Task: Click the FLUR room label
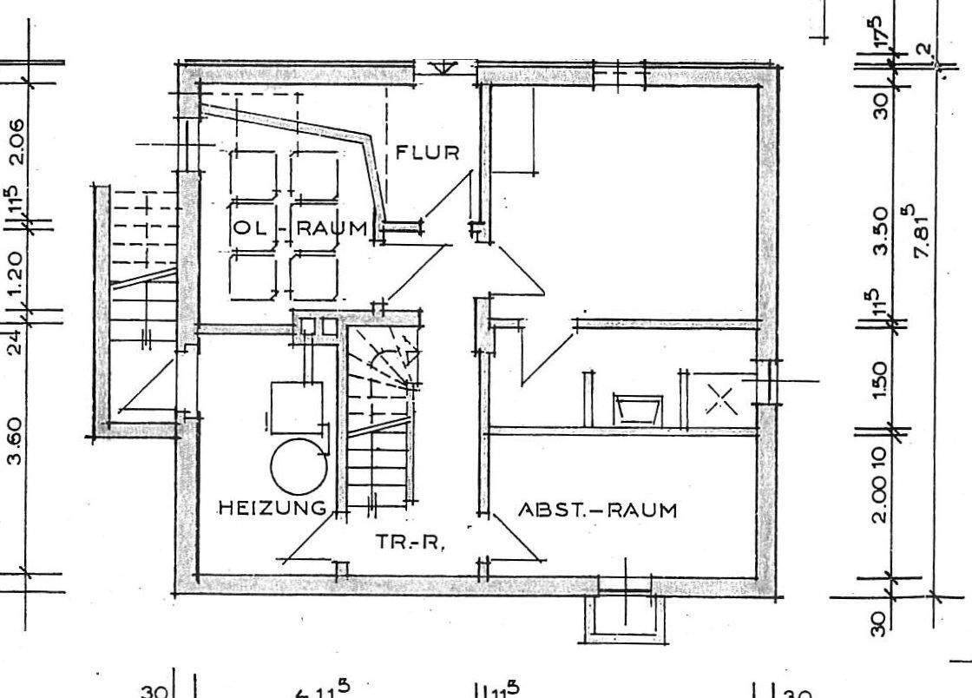(x=427, y=153)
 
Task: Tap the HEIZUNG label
(x=272, y=508)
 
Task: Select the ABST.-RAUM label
(x=596, y=510)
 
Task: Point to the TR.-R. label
(x=410, y=543)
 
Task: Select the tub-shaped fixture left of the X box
(x=637, y=408)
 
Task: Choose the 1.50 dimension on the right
(x=880, y=380)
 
